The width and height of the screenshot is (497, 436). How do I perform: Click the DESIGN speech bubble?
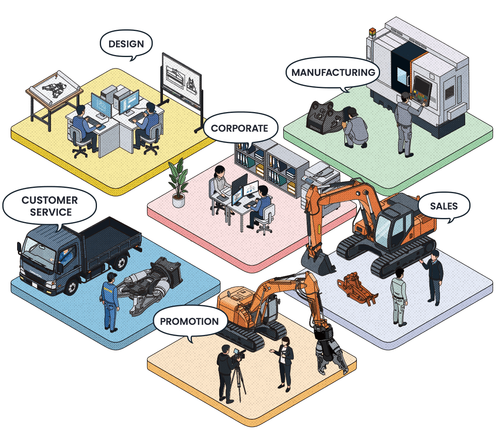tap(126, 44)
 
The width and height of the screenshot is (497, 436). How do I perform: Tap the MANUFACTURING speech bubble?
tap(333, 73)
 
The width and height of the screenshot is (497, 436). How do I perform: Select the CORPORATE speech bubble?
tap(239, 128)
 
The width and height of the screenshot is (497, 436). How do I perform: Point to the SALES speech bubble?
tap(444, 206)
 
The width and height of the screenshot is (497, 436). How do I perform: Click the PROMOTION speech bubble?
tap(189, 321)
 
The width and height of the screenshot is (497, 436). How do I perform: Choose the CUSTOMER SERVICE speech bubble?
tap(49, 206)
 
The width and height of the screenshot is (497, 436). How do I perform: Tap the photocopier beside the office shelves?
tap(322, 179)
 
